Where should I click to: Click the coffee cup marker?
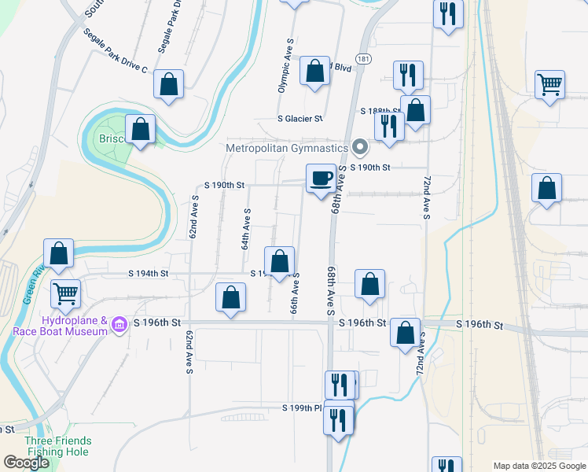coord(321,179)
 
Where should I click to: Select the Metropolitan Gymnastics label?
coord(286,148)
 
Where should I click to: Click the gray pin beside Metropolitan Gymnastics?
coord(360,147)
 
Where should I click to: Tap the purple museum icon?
coord(119,324)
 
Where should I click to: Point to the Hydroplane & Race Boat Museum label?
coord(59,326)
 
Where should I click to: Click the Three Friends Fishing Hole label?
coord(57,446)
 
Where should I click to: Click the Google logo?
coord(26,463)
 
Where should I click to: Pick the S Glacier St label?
coord(300,119)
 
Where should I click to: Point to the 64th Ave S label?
coord(246,229)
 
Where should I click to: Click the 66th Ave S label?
coord(295,295)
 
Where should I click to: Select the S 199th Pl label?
coord(303,407)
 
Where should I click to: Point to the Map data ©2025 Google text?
coord(539,466)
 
